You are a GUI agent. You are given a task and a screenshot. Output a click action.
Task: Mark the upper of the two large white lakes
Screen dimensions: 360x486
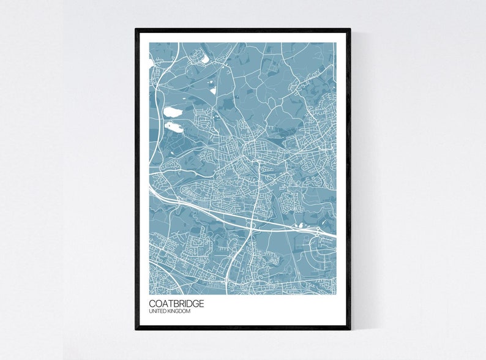(x=173, y=112)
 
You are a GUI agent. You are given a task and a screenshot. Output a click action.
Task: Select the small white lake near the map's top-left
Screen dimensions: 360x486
(x=204, y=59)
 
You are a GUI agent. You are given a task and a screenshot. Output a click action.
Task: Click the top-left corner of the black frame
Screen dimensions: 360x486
(x=136, y=29)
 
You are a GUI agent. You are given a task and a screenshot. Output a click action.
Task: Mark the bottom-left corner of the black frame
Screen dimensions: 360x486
(x=136, y=329)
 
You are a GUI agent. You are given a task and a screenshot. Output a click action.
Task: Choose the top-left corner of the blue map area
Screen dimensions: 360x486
(x=149, y=43)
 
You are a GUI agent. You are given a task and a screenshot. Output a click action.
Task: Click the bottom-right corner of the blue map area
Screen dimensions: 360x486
(x=335, y=293)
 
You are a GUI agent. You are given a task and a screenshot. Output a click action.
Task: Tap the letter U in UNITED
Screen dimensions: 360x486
(x=151, y=312)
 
